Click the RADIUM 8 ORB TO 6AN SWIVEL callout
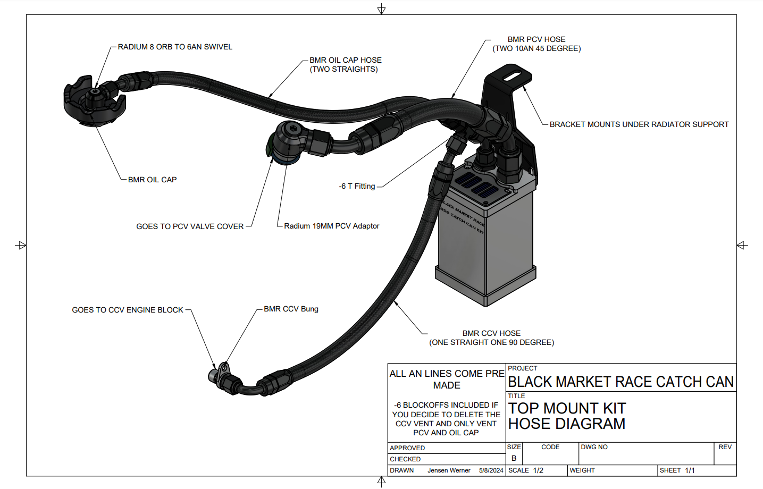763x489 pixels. tap(175, 47)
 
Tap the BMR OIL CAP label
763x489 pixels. tap(152, 180)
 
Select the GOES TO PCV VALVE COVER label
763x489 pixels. tap(190, 226)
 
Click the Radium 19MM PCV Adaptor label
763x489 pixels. tap(331, 226)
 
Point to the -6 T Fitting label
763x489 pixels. tap(357, 186)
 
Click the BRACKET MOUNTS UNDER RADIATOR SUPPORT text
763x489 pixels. tap(639, 124)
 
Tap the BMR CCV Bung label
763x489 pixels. tap(291, 309)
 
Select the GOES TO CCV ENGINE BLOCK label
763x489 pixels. tap(128, 310)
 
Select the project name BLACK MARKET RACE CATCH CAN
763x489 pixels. tap(621, 382)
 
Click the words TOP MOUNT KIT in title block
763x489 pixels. tap(567, 408)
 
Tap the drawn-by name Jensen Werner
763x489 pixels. tap(449, 470)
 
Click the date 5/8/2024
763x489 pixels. tap(491, 470)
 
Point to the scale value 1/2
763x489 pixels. tap(538, 470)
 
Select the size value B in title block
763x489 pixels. tap(514, 458)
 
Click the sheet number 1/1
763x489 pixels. tap(690, 470)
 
